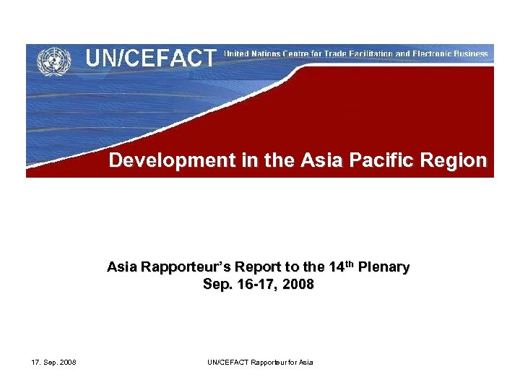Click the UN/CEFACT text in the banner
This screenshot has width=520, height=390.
pos(151,58)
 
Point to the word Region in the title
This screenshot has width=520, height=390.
pos(457,160)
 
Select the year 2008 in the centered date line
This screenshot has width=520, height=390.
pos(298,285)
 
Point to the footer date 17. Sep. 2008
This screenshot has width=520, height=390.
pos(55,362)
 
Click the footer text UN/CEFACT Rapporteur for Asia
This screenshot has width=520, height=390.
pos(260,362)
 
